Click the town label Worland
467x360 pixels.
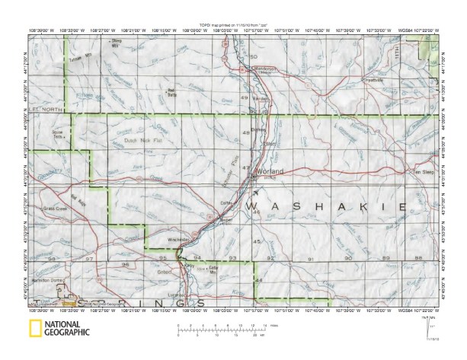270,172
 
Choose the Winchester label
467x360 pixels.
178,238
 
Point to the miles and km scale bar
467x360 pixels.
221,328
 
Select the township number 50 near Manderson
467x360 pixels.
254,57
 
